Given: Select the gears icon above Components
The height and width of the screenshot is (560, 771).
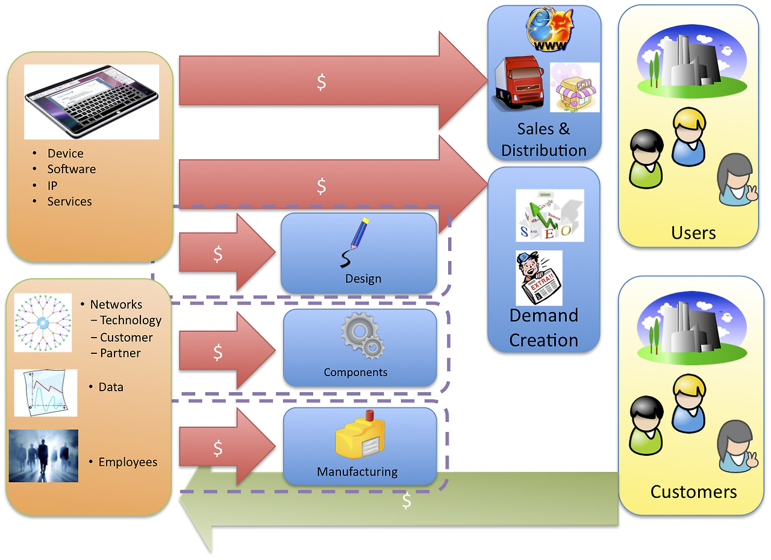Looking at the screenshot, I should point(362,338).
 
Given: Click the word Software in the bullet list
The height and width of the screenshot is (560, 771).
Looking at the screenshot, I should point(72,169).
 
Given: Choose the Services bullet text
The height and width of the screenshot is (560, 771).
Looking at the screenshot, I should point(70,202).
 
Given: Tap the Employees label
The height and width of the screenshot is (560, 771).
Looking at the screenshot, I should point(128,462).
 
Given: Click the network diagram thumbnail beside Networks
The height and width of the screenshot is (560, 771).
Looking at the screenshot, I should point(43,323).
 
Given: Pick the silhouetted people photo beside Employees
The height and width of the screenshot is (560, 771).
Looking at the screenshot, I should point(43,456).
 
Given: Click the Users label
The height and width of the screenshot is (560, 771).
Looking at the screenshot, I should point(693,233).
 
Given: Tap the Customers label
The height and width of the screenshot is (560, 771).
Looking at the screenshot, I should point(693,492).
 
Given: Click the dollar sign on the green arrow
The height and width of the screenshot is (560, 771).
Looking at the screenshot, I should point(407,500).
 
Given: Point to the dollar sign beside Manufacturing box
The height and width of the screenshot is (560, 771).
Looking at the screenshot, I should point(218,448).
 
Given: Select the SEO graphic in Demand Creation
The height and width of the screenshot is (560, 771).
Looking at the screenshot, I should point(549,215).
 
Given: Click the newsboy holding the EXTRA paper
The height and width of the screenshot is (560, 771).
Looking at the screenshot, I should point(538,278).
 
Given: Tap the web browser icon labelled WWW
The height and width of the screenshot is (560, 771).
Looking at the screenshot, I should point(549,30).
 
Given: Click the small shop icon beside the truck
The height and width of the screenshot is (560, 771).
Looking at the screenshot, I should point(575,88).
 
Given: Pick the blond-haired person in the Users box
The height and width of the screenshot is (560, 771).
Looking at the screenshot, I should point(688,136).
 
